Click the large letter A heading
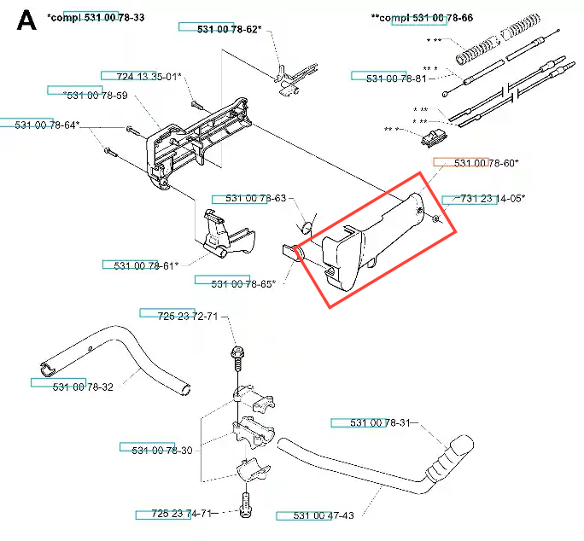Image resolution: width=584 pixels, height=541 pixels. (x=26, y=20)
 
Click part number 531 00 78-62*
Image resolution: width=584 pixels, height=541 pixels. (x=229, y=29)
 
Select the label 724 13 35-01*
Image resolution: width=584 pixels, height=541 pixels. (x=149, y=77)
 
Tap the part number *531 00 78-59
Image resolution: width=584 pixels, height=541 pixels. (x=96, y=96)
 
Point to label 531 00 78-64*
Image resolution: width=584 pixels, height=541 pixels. (x=47, y=125)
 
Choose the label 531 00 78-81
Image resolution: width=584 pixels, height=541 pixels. (x=396, y=79)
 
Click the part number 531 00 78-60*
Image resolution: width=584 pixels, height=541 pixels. (x=486, y=163)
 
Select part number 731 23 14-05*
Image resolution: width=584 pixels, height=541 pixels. (x=493, y=199)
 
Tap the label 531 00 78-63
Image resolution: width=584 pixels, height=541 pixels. (x=256, y=198)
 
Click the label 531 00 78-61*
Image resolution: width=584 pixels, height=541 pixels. (x=146, y=266)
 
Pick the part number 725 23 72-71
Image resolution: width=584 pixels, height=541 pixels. (x=188, y=317)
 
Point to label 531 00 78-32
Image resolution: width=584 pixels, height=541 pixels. (x=83, y=387)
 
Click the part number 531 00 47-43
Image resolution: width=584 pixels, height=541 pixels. (x=324, y=515)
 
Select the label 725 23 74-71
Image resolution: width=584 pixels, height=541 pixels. (x=182, y=514)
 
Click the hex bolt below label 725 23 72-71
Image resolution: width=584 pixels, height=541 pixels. (x=237, y=358)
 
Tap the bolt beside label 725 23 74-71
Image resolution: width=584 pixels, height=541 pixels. (x=246, y=505)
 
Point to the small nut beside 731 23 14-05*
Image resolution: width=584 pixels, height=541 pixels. (x=436, y=218)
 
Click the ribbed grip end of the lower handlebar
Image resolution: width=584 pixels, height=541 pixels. (x=449, y=459)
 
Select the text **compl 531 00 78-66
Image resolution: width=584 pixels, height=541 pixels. (x=422, y=18)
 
